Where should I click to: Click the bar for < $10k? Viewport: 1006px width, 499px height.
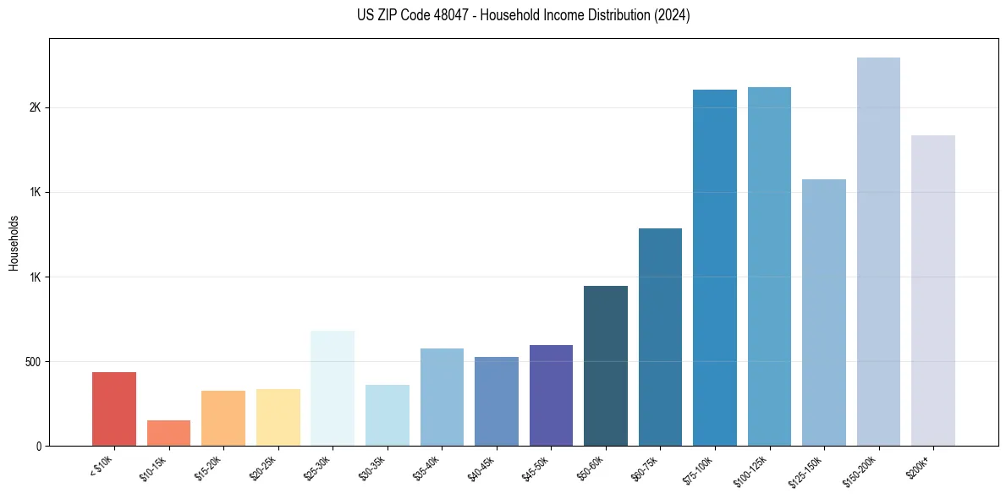114,409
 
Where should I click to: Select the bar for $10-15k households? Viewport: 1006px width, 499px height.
168,433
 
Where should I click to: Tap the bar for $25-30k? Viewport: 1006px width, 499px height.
333,388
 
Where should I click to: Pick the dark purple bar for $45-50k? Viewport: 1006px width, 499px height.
551,395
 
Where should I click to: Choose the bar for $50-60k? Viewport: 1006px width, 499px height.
606,365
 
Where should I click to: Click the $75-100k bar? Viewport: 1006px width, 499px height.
715,267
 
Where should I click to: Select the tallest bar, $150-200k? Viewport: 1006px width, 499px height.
878,251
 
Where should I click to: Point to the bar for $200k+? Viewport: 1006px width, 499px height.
933,290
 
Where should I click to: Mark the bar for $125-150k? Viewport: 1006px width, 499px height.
824,312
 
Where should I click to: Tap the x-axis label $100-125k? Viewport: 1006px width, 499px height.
755,469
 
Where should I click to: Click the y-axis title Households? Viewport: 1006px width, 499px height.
14,243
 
